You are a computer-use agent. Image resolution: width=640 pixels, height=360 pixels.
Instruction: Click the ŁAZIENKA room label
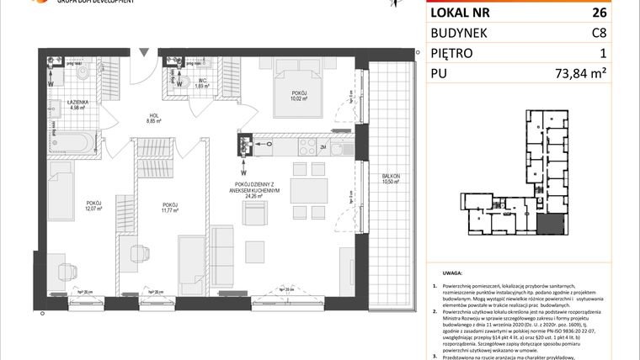(x=77, y=103)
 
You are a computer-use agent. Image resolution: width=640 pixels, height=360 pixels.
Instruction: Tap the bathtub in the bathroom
(x=72, y=142)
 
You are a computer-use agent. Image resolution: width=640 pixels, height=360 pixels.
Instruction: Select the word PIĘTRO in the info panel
(x=451, y=53)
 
